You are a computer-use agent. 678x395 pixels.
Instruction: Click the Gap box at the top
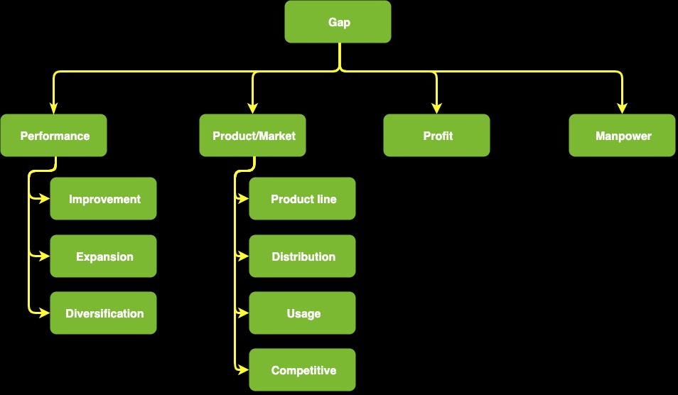pyautogui.click(x=338, y=22)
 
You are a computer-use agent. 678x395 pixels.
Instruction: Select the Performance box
pyautogui.click(x=54, y=136)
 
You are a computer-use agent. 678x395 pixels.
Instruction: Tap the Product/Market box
pyautogui.click(x=253, y=136)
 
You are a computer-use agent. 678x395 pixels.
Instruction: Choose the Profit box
pyautogui.click(x=436, y=136)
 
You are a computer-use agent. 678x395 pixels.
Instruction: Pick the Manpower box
pyautogui.click(x=623, y=136)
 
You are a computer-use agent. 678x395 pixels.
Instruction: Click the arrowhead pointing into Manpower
pyautogui.click(x=623, y=109)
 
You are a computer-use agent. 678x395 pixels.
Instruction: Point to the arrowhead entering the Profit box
pyautogui.click(x=436, y=109)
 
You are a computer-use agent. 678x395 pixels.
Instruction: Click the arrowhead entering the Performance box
pyautogui.click(x=54, y=109)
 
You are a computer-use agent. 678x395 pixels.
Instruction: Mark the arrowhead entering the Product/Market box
pyautogui.click(x=253, y=109)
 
